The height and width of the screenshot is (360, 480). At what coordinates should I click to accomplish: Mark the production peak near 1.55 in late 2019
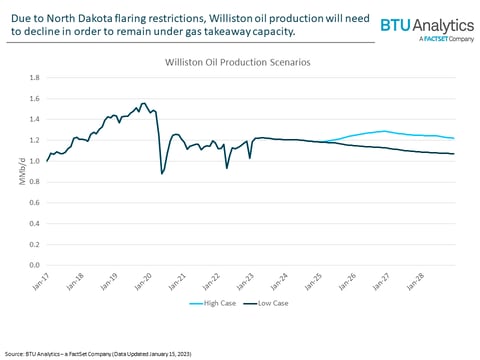pyautogui.click(x=144, y=103)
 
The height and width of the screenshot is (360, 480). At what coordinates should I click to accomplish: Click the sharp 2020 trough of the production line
pyautogui.click(x=162, y=174)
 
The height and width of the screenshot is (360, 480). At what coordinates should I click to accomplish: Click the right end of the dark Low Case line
pyautogui.click(x=455, y=154)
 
